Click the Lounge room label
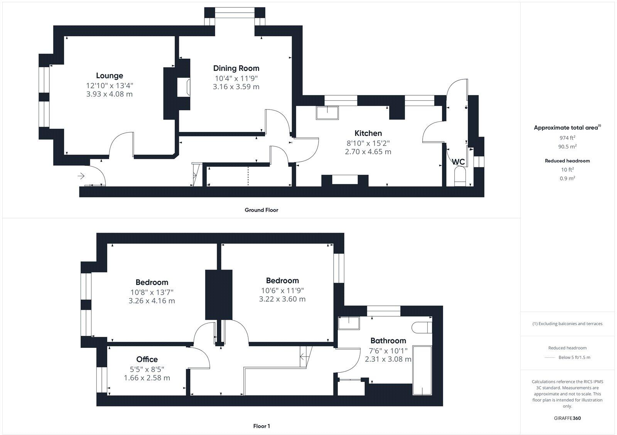pos(110,76)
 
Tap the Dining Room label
pos(236,68)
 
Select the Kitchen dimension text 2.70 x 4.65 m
pos(368,152)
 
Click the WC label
pos(458,162)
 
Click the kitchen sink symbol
pos(327,113)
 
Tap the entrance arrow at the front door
pos(81,176)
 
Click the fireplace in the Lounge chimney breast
pos(184,88)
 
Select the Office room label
pos(147,359)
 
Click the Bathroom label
pos(388,341)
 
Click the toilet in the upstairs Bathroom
pos(421,328)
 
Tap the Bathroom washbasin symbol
pos(348,323)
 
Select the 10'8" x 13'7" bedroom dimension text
pos(152,292)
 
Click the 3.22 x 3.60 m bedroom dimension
pos(282,299)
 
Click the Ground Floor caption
pos(261,210)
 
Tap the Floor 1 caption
pos(261,426)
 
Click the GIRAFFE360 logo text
pos(567,418)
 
